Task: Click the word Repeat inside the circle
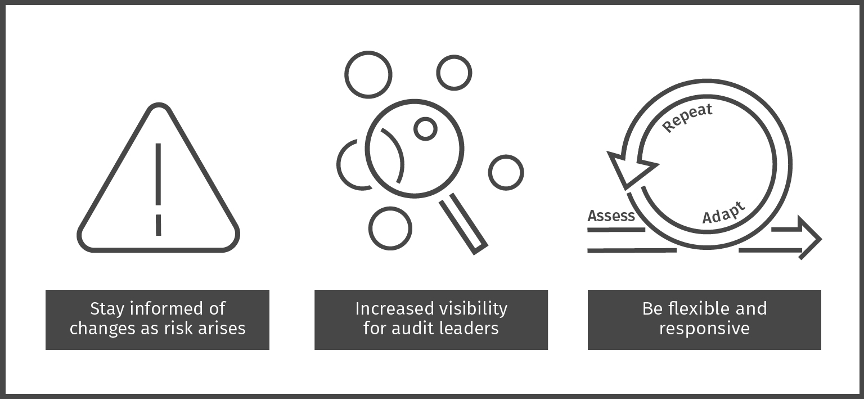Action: tap(687, 118)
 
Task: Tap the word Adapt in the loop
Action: tap(723, 213)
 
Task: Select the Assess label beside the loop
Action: tap(611, 216)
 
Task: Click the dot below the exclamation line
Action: tap(158, 225)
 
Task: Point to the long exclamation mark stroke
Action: tap(158, 174)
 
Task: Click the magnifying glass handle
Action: tap(463, 224)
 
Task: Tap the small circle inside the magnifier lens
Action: tap(425, 129)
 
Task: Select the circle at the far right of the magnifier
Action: tap(506, 173)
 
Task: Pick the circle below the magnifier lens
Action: tap(390, 228)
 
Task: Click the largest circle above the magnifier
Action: tap(368, 74)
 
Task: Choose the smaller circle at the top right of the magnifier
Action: tap(454, 73)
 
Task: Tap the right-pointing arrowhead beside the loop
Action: tap(809, 237)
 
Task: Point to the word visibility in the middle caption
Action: tap(469, 309)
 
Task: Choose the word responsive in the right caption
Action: tap(704, 329)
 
